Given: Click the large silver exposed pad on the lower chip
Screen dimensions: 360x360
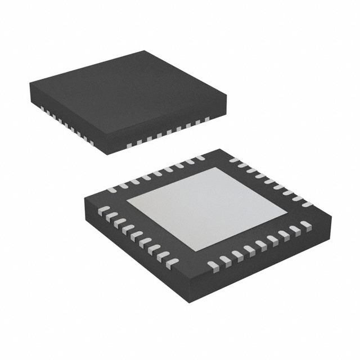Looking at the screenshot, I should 206,208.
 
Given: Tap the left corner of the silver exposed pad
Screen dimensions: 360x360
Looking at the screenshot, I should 127,200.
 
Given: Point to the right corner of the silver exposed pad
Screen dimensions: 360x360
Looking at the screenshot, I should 286,213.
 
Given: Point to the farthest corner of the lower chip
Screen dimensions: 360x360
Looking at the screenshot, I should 219,149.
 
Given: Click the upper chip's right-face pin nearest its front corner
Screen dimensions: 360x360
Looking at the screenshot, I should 130,145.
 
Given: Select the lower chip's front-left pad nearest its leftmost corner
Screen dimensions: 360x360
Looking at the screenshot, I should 103,210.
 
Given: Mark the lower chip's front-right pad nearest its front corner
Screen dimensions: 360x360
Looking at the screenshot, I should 212,264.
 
